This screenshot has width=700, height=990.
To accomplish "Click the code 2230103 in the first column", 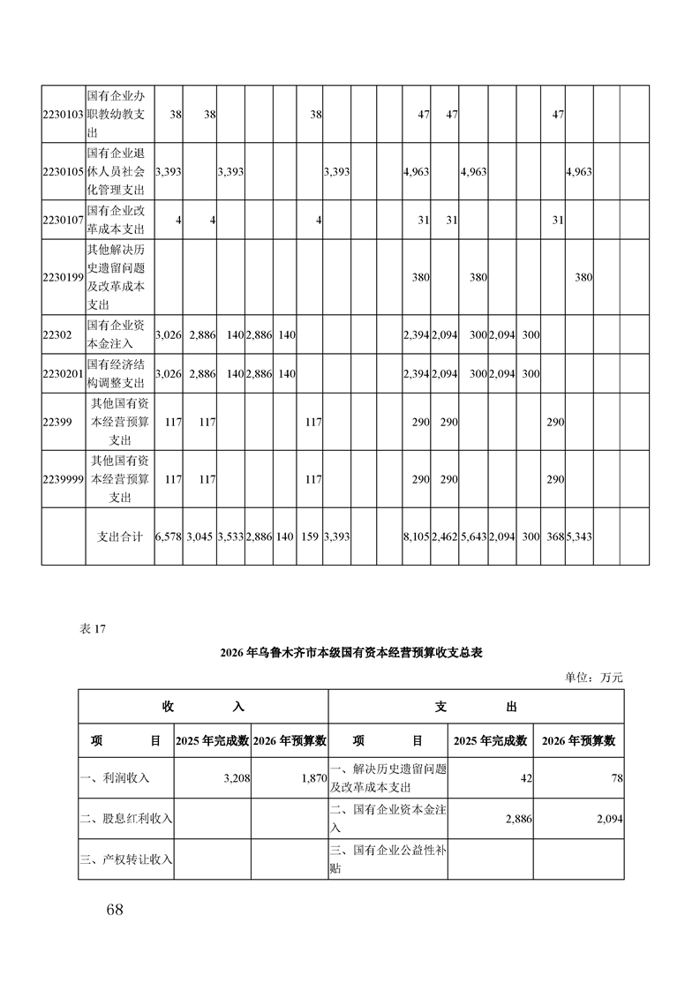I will tap(63, 114).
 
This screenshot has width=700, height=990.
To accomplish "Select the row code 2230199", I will tap(63, 276).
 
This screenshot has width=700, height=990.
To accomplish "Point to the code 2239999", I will tap(63, 479).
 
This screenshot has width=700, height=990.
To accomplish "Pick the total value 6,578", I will tap(168, 536).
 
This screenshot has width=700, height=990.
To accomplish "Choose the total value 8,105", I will tap(416, 536).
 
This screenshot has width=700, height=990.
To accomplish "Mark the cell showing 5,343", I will tap(578, 536).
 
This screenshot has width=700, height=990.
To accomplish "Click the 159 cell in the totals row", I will tap(310, 536).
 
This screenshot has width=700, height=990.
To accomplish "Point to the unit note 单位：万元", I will tap(594, 678).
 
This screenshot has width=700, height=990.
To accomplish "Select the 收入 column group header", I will tap(203, 707).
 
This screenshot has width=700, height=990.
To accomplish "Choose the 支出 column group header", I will tap(476, 707).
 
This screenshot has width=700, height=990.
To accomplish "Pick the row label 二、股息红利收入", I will tap(126, 819).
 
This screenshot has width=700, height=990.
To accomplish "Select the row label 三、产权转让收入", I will tap(126, 859).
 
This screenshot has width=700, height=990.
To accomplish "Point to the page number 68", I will tap(113, 910).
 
